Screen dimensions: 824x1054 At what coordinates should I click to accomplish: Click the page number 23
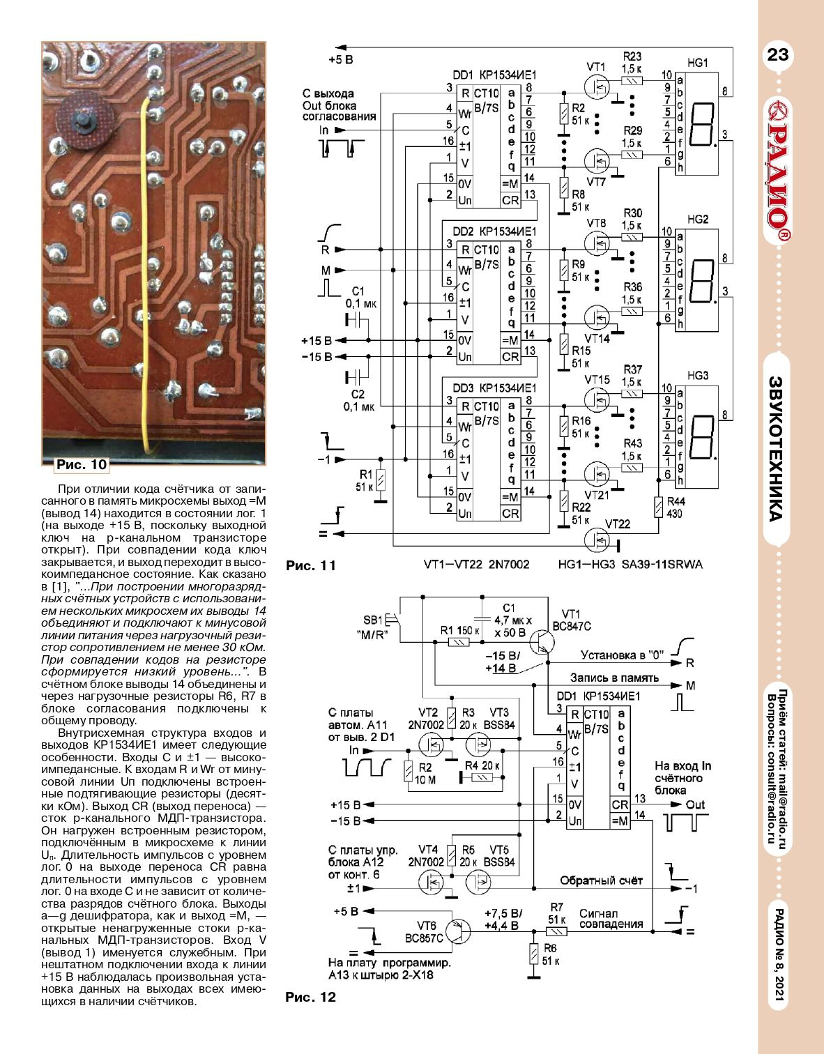(777, 54)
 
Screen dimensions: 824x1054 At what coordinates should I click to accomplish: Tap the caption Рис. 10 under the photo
(82, 464)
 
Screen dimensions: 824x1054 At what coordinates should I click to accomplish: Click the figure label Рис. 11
(311, 565)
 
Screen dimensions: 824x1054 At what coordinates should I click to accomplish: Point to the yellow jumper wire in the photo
(144, 272)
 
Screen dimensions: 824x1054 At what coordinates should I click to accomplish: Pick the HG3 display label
(697, 376)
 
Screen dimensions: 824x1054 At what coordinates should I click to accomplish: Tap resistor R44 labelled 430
(658, 507)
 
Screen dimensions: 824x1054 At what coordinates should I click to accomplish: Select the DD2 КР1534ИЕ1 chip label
(494, 231)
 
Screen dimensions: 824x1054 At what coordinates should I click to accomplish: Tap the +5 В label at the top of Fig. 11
(340, 60)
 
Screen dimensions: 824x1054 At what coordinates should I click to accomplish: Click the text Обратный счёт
(601, 880)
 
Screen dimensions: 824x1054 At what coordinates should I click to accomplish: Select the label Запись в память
(614, 678)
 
